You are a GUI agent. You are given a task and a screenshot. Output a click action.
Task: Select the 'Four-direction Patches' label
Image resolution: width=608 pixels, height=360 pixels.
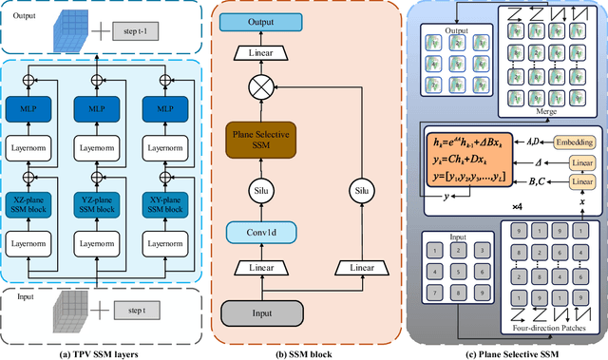tap(544, 330)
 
